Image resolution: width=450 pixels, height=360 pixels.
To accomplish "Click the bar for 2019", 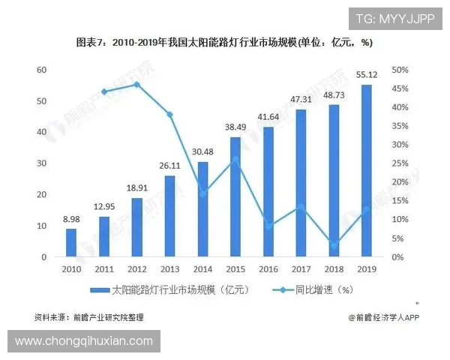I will coord(366,171).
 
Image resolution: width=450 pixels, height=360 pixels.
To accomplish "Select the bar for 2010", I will coord(71,243).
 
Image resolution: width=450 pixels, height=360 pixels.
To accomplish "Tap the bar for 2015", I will coord(235,197).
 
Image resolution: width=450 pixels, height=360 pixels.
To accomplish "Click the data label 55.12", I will coord(366,76).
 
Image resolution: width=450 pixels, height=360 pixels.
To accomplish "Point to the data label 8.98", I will coord(71,220).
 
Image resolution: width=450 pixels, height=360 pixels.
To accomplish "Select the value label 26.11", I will coord(169,166).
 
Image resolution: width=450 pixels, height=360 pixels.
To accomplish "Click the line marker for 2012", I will coord(136,84).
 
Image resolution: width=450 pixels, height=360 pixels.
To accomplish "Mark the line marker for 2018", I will coord(333,244).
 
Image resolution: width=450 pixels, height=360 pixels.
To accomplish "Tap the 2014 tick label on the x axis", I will coord(202,268).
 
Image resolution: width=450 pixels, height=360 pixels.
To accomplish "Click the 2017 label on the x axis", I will coord(301,268).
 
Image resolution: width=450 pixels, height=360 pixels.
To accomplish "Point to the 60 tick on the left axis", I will coord(42,70).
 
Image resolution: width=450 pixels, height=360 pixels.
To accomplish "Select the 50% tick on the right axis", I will coord(401,70).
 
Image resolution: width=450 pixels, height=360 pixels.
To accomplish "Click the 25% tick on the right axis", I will coord(401,163).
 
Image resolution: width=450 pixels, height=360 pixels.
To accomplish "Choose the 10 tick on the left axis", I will coord(42,226).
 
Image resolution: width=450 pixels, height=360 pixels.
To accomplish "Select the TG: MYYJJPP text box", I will coord(394,19).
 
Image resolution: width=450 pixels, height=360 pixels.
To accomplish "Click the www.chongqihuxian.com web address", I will coord(84,341).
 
